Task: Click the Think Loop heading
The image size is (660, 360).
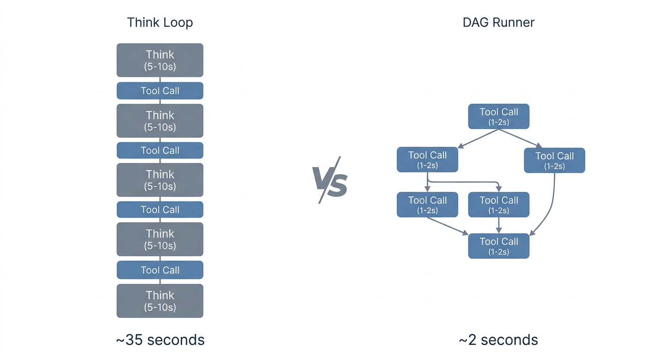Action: click(160, 22)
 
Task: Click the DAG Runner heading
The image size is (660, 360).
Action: click(498, 22)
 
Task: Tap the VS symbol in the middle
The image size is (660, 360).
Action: click(330, 180)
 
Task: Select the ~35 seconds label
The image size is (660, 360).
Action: click(160, 339)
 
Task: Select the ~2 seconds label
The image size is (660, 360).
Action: click(498, 339)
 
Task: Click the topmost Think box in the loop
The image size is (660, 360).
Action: click(160, 60)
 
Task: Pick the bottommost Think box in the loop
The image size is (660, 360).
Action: click(160, 300)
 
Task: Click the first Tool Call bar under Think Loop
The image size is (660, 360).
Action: click(160, 90)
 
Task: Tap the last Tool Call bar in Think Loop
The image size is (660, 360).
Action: click(160, 270)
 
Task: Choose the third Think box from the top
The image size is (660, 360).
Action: click(160, 180)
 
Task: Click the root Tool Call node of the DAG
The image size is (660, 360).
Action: click(499, 116)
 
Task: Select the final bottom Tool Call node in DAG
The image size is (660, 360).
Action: click(499, 246)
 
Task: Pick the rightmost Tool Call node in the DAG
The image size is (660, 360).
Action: click(555, 160)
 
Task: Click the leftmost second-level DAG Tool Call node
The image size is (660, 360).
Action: click(427, 159)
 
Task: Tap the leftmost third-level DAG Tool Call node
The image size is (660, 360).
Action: click(427, 204)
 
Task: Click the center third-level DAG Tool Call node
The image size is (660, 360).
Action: click(499, 204)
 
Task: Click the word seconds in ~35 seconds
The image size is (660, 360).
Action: click(176, 339)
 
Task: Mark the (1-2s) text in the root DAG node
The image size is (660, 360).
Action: click(499, 122)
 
